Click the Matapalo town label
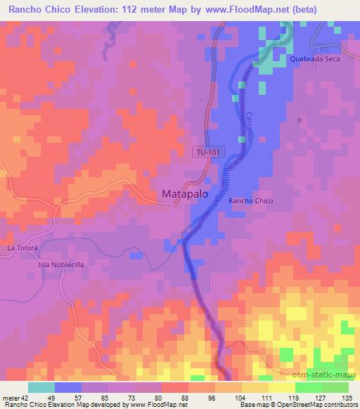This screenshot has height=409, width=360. [186, 193]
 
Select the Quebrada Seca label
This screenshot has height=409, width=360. [315, 60]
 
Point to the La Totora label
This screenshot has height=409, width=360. [22, 249]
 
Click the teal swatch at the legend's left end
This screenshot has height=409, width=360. [41, 387]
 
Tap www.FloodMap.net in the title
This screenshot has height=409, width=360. [238, 10]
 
